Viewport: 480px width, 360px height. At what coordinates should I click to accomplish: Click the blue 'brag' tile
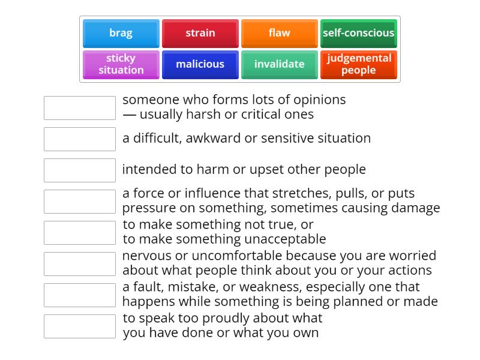click(x=121, y=34)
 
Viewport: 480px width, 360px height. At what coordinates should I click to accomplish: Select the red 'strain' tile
click(x=200, y=34)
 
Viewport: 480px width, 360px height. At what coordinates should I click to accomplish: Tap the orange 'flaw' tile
click(x=280, y=34)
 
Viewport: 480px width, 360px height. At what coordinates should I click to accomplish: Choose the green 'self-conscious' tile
click(x=359, y=34)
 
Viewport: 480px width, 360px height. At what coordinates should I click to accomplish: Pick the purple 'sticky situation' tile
click(x=121, y=65)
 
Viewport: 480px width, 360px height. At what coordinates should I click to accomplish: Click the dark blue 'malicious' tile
click(x=200, y=65)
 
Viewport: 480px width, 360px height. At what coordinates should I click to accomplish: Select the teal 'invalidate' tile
click(x=280, y=65)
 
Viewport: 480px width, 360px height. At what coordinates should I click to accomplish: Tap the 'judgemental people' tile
click(x=359, y=65)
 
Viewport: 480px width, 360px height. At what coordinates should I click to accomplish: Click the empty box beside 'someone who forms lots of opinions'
click(x=80, y=108)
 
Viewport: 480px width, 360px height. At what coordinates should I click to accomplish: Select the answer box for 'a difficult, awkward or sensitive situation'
click(x=80, y=139)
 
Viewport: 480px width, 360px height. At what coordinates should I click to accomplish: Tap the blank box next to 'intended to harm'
click(x=80, y=170)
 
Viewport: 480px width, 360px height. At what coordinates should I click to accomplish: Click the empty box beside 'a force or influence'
click(x=80, y=202)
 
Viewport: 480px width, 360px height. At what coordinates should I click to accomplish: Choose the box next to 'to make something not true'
click(x=80, y=233)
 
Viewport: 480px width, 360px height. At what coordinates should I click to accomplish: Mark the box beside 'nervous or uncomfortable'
click(x=80, y=264)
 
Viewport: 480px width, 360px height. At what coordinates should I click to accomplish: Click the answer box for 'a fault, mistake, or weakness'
click(x=80, y=295)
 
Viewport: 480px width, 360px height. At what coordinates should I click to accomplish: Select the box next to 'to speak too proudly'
click(x=80, y=326)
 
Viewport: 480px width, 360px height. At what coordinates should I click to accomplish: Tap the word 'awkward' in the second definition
click(x=213, y=139)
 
